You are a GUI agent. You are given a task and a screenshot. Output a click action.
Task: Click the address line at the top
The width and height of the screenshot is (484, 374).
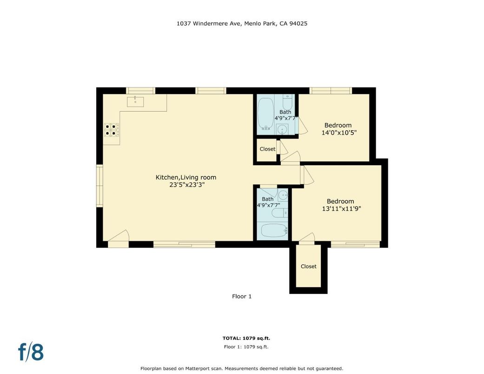coord(242,23)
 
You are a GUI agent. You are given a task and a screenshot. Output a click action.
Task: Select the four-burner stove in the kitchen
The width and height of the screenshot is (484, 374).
coord(111,129)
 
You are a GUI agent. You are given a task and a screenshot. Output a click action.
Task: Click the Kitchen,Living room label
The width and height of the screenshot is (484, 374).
coord(186,177)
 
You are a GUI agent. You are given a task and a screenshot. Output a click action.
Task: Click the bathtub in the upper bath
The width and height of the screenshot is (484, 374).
coord(265,114)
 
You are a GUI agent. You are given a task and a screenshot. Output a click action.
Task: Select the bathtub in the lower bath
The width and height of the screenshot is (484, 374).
coord(272,231)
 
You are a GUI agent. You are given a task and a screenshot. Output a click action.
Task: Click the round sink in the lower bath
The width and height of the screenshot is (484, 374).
coord(283,195)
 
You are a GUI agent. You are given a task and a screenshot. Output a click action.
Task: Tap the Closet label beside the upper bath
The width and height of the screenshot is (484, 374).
coord(267,149)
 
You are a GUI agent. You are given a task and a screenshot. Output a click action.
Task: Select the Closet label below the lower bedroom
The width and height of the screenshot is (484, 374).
coord(308,267)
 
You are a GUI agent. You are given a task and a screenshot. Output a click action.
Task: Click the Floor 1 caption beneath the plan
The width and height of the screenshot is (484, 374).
coord(242,296)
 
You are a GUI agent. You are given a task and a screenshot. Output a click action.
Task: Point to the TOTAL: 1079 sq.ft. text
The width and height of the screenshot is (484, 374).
coord(246,338)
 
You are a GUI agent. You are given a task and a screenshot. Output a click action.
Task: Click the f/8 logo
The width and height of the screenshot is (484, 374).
coord(31,352)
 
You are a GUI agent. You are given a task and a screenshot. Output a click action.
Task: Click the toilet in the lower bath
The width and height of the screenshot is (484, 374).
coord(279,214)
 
